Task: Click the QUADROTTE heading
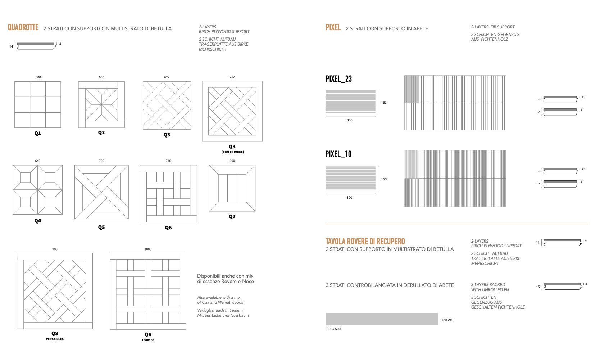(x=23, y=27)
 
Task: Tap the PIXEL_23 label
(x=338, y=79)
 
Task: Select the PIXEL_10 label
(x=338, y=154)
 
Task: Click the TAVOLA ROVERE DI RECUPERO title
(x=365, y=241)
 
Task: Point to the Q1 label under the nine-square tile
(x=38, y=133)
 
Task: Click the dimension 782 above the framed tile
(x=232, y=77)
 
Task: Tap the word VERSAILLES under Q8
(x=55, y=339)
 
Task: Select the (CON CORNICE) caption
(x=232, y=152)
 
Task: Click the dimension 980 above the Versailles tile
(x=55, y=249)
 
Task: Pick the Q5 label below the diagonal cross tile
(x=101, y=227)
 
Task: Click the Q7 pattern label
(x=232, y=216)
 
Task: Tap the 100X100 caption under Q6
(x=148, y=340)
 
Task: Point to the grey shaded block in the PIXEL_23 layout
(x=412, y=89)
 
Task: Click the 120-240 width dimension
(x=447, y=320)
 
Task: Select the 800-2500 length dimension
(x=333, y=329)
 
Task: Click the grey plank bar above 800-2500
(x=382, y=319)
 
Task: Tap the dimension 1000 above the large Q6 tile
(x=148, y=249)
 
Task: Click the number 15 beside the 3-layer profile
(x=538, y=287)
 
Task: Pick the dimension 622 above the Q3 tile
(x=167, y=77)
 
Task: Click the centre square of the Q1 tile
(x=38, y=104)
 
